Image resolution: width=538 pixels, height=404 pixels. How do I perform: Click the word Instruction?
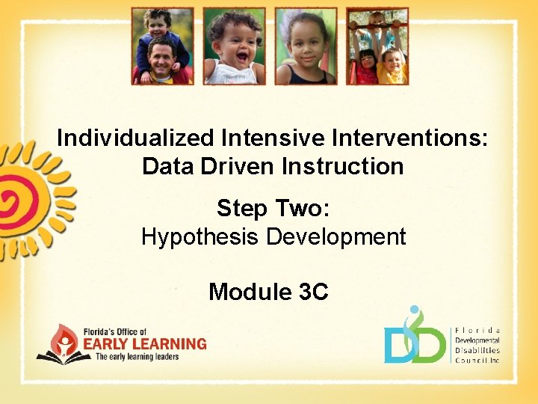pyautogui.click(x=343, y=166)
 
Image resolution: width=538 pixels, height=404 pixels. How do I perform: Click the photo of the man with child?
pyautogui.click(x=162, y=46)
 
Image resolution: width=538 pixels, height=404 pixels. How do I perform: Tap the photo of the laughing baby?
pyautogui.click(x=234, y=46)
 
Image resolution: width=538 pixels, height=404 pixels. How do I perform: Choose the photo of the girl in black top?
pyautogui.click(x=306, y=46)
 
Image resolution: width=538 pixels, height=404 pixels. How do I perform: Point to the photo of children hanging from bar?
pyautogui.click(x=377, y=46)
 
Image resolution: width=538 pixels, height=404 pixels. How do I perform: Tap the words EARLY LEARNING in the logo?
pyautogui.click(x=150, y=344)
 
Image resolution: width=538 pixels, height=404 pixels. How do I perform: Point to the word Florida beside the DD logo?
pyautogui.click(x=477, y=331)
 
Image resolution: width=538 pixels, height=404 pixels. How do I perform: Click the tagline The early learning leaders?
pyautogui.click(x=142, y=357)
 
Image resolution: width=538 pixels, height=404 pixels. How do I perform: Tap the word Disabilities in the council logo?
pyautogui.click(x=477, y=350)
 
